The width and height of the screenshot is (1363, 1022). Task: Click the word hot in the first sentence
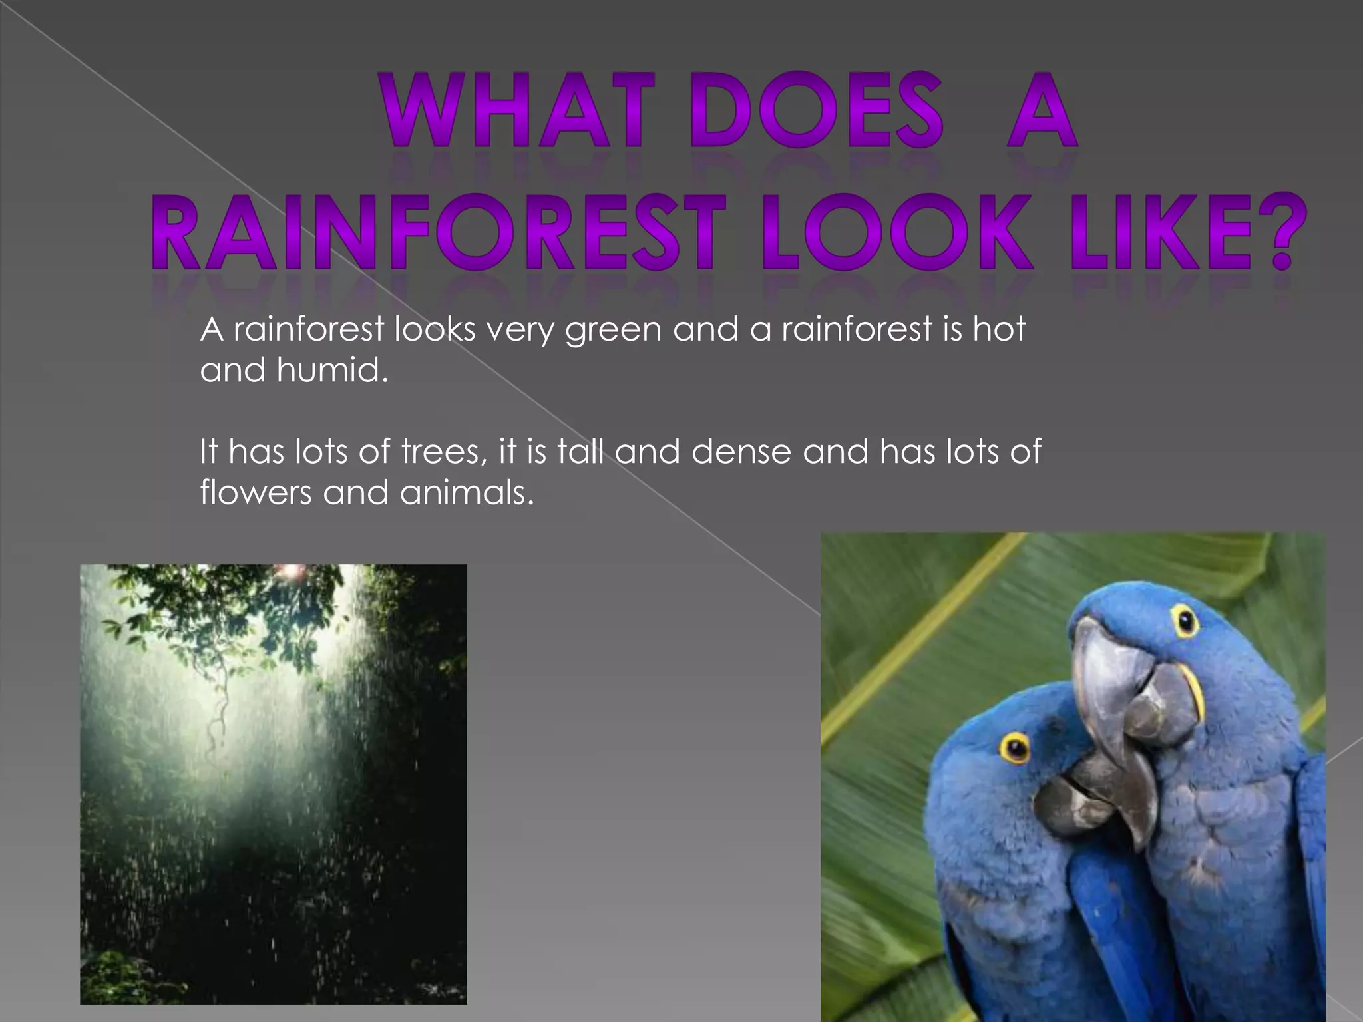click(x=998, y=329)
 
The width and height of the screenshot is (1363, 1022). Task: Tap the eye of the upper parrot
click(x=1185, y=621)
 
